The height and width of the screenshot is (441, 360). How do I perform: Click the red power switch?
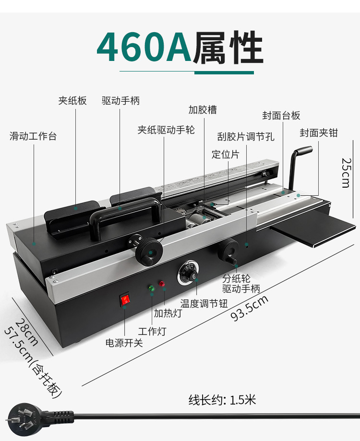(x=125, y=300)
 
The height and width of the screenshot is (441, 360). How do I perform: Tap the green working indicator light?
(x=152, y=288)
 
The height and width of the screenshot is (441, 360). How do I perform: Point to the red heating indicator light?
(x=162, y=284)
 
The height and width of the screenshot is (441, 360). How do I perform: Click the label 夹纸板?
(x=72, y=101)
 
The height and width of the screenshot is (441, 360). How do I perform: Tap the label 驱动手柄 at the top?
(x=120, y=101)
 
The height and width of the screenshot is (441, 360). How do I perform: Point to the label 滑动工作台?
(x=33, y=136)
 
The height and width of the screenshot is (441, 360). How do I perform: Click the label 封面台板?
(x=281, y=116)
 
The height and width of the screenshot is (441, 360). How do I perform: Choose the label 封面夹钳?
(x=319, y=133)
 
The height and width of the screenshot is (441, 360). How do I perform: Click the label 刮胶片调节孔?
(x=246, y=137)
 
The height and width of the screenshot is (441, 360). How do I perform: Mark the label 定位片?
(x=225, y=155)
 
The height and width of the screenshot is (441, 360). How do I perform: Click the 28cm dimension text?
(x=27, y=332)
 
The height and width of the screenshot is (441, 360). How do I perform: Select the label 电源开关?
(x=124, y=343)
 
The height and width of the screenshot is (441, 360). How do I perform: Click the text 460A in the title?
(x=144, y=48)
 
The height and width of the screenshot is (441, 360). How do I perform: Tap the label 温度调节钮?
(x=204, y=303)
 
